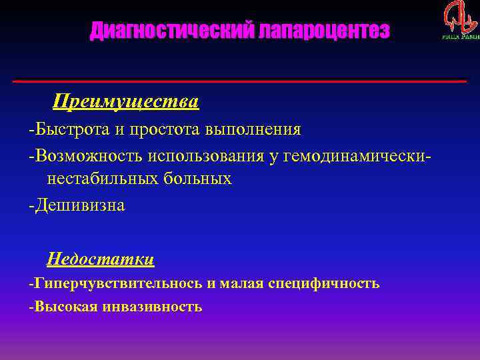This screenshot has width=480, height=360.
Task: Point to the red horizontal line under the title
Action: tap(240, 81)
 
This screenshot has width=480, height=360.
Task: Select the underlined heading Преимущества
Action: tap(126, 102)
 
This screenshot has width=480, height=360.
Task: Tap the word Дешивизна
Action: tap(79, 205)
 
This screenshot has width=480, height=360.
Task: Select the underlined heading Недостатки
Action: tap(100, 259)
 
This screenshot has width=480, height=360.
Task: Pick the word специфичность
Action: tap(324, 283)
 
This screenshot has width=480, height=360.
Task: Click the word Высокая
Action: tap(65, 307)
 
